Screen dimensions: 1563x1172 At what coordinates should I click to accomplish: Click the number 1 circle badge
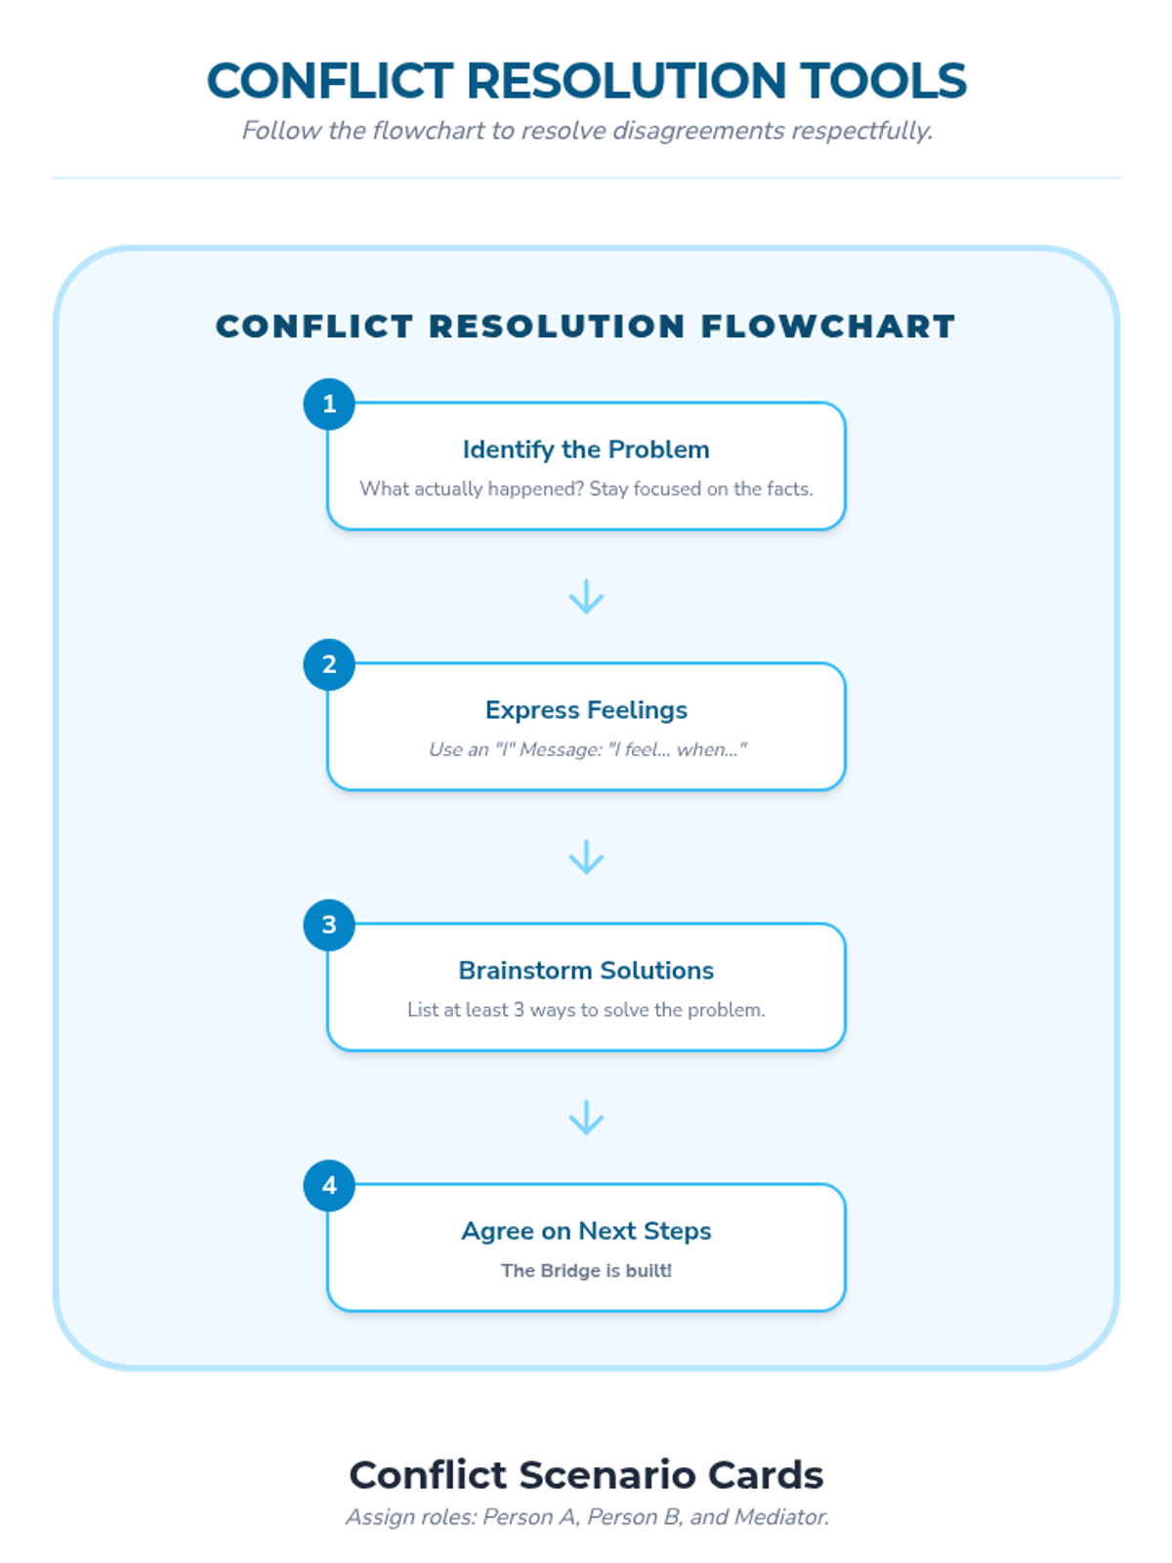329,404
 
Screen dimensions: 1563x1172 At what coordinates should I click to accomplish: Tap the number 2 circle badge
329,665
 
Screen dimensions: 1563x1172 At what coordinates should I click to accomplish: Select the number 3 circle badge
329,925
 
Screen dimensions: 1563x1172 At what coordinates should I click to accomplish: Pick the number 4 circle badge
329,1186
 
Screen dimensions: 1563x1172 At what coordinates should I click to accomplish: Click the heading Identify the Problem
586,449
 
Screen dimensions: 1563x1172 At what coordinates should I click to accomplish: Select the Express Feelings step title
586,710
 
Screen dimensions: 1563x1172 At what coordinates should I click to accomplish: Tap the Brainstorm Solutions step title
586,970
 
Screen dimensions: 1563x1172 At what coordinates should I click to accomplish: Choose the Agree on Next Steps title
586,1231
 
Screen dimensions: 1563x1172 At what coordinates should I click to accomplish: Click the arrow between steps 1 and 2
586,597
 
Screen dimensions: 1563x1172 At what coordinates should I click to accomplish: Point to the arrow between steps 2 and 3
586,858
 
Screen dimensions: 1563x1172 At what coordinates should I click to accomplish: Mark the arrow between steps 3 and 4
586,1119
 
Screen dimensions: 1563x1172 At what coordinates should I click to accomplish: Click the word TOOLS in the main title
883,81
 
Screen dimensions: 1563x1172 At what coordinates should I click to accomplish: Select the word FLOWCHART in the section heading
828,326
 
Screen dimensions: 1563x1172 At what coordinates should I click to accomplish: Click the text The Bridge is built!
586,1271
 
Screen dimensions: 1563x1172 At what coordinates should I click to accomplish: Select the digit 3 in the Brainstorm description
519,1010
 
